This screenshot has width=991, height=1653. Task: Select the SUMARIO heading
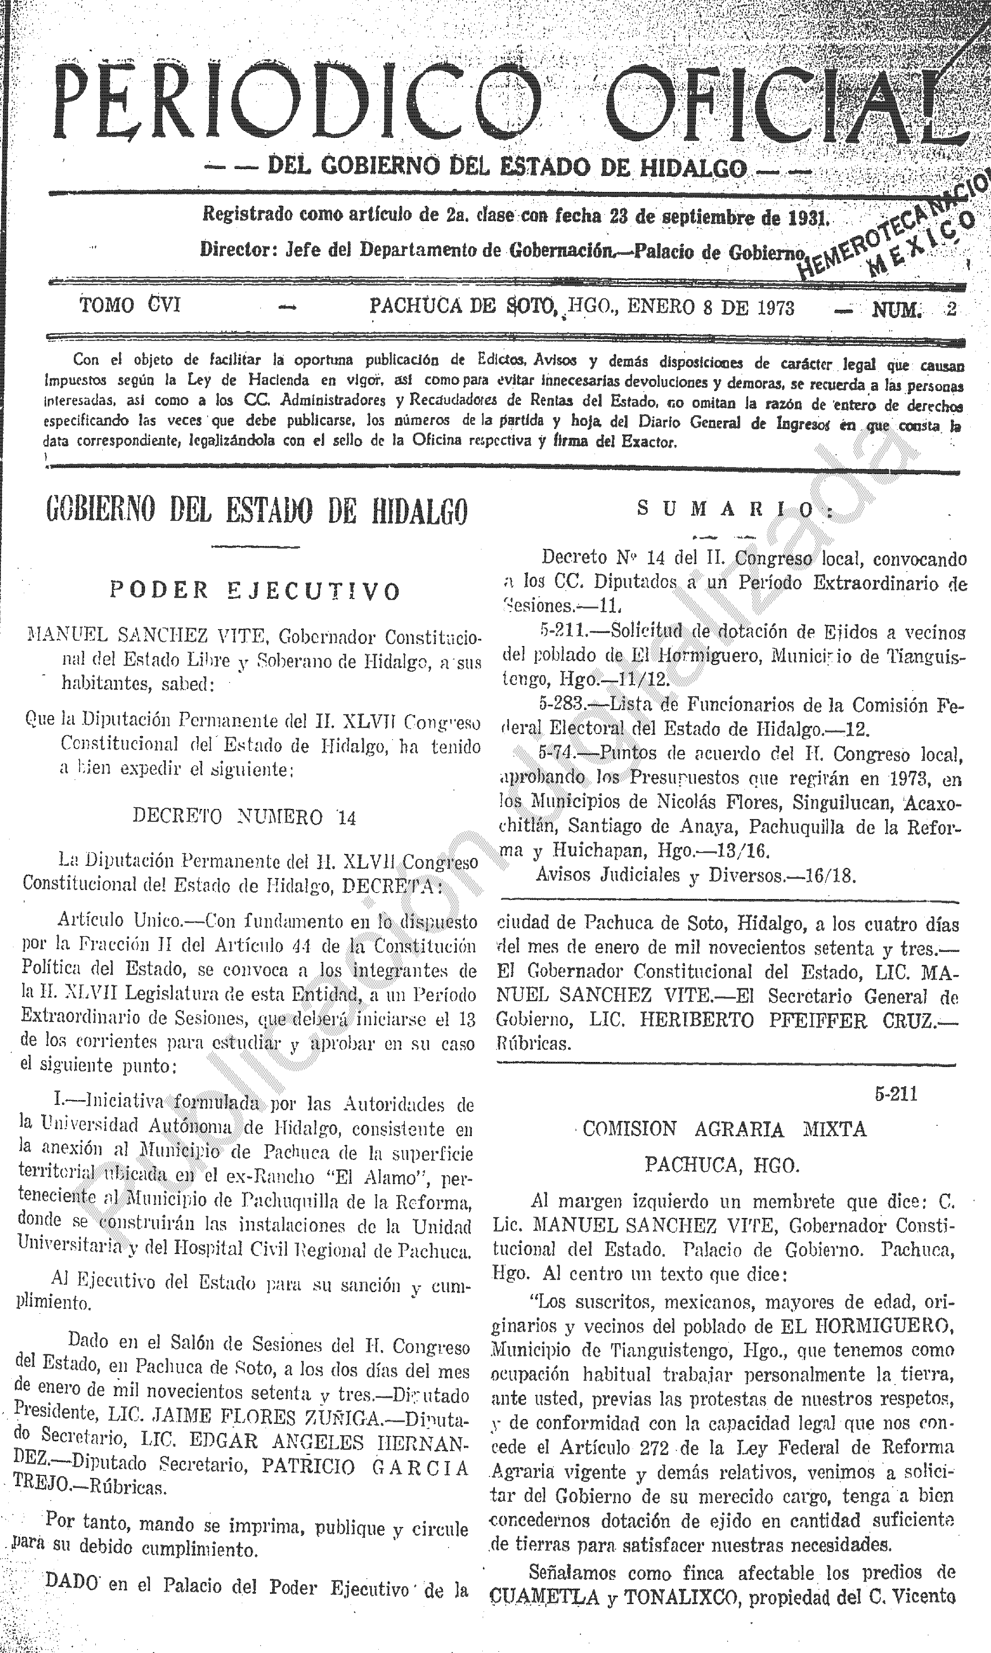(x=734, y=510)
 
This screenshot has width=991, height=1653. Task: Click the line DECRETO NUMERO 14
(x=244, y=816)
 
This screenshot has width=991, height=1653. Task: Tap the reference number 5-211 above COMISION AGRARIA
(x=896, y=1094)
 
